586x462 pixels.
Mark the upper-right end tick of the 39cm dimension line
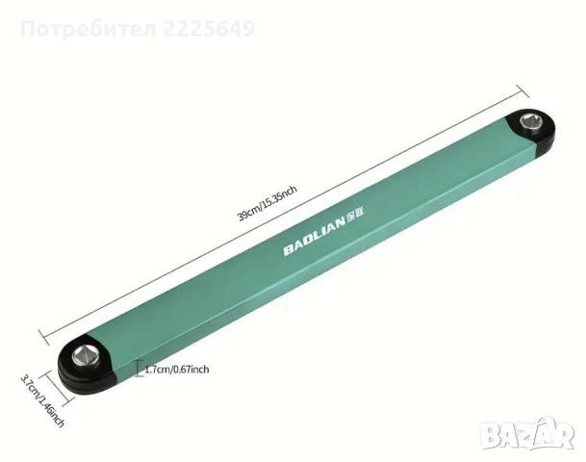click(x=527, y=91)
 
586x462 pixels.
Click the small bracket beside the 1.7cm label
click(x=140, y=369)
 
